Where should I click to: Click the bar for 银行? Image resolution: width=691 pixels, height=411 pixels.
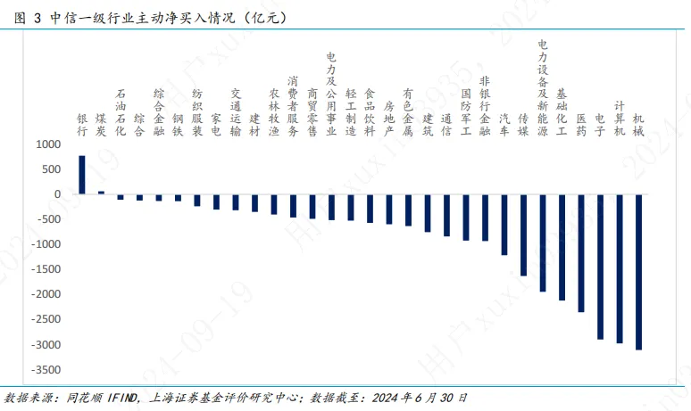pos(82,176)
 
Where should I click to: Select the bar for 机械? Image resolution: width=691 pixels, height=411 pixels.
pos(638,272)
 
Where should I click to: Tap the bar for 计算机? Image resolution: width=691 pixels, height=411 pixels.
pos(620,268)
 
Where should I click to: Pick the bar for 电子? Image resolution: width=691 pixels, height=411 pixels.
pos(600,267)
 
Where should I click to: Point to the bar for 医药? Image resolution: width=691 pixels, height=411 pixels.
pos(581,253)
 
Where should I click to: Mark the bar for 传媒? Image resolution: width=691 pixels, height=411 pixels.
pos(523,234)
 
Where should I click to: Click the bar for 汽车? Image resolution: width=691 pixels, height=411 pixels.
pos(504,225)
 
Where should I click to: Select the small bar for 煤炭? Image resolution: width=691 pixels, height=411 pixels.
pos(101,193)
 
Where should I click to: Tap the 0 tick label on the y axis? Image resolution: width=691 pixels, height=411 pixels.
pos(57,194)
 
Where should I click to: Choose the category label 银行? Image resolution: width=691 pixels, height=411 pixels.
pos(82,124)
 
